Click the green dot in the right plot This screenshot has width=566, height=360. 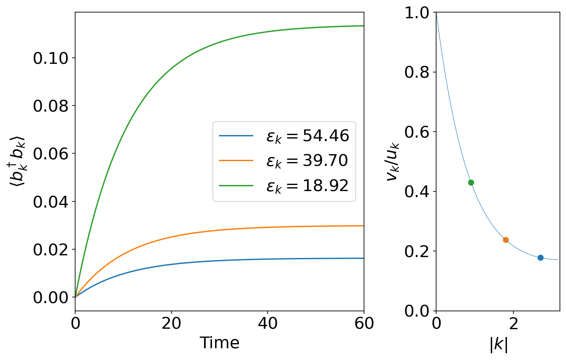471,182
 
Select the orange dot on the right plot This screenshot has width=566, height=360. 506,240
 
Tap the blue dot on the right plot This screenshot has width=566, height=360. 540,258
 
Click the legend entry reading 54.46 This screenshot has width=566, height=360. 308,136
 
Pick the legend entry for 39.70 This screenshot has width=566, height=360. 307,161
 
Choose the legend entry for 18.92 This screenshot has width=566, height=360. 307,186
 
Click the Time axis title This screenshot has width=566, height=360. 219,343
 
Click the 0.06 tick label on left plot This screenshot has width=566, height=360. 51,154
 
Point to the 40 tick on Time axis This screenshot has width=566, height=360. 268,324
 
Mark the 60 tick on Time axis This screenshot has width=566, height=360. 364,324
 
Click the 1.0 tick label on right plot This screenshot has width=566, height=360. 417,13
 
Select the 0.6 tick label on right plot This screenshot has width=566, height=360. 417,132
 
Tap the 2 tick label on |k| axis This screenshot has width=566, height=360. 513,324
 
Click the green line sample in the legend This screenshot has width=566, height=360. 236,186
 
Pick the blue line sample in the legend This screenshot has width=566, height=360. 236,136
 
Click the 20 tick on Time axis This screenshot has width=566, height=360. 172,324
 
